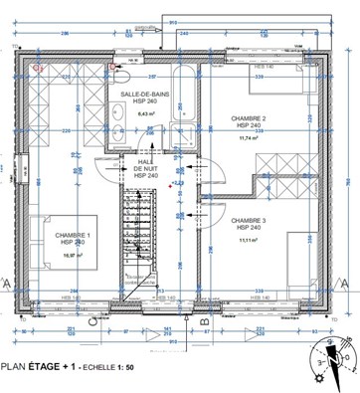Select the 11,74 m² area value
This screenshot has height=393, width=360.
click(249, 138)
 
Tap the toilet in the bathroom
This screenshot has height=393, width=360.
click(123, 74)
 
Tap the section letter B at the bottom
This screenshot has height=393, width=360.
click(203, 321)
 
